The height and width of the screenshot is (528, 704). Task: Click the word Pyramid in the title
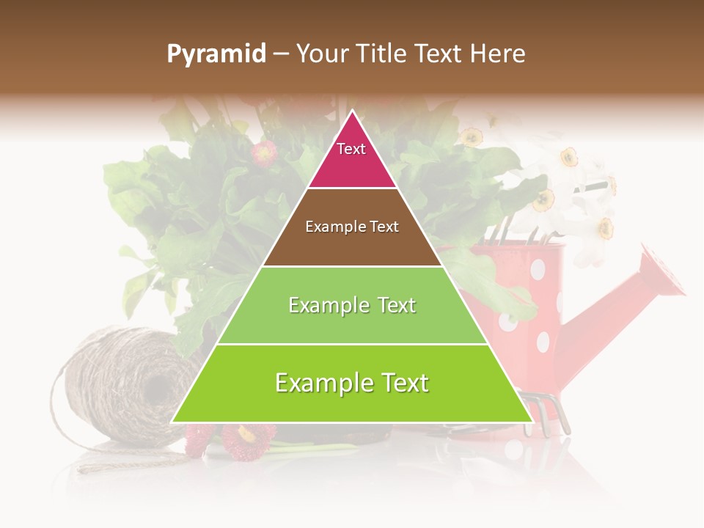(x=216, y=54)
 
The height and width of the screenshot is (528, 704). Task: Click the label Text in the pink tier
(x=351, y=149)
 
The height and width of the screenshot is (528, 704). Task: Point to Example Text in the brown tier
(x=352, y=227)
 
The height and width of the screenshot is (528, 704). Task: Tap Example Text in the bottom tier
(x=352, y=383)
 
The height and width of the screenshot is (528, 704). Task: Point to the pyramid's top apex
(x=352, y=111)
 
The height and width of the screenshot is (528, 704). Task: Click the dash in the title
(x=279, y=54)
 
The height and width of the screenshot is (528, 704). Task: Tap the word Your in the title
(x=320, y=54)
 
